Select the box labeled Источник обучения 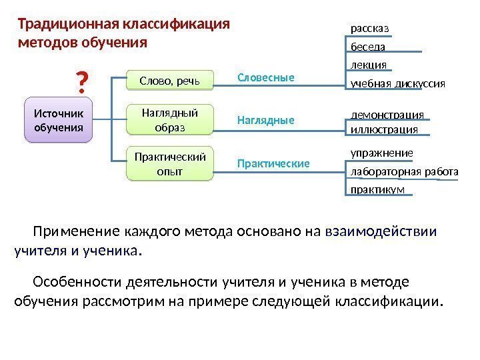tap(59, 120)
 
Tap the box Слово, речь tap(170, 81)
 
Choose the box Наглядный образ tap(170, 120)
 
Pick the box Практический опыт tap(170, 163)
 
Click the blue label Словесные tap(266, 78)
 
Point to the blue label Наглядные tap(266, 121)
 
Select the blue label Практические tap(274, 163)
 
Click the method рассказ tap(369, 28)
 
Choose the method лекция tap(369, 65)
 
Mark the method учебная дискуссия tap(397, 84)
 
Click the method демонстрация tap(387, 114)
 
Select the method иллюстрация tap(384, 129)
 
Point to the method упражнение tap(382, 153)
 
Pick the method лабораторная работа tap(404, 173)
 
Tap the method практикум tap(377, 191)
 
